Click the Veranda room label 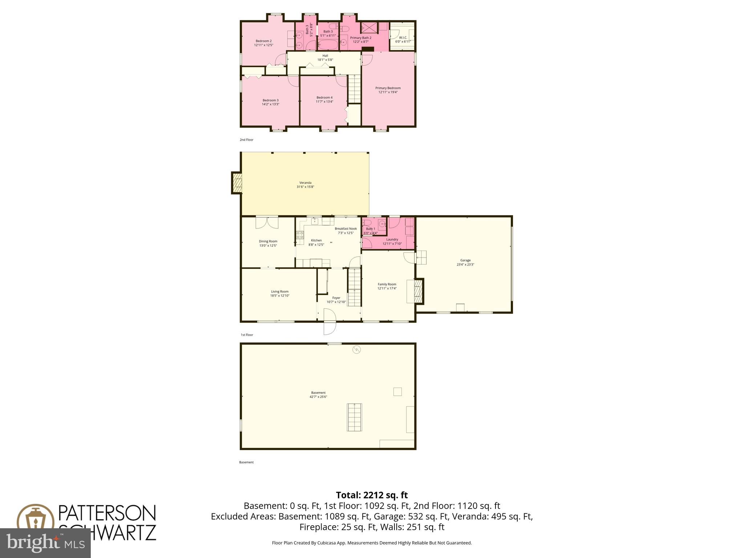(305, 183)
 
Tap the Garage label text (465, 260)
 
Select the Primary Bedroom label (388, 88)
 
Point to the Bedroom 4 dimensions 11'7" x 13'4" (324, 102)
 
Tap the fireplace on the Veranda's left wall (237, 183)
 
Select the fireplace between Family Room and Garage (419, 291)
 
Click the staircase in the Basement (355, 417)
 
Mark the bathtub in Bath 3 (328, 45)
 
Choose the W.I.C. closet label (403, 37)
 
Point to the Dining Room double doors (267, 222)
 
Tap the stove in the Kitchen (300, 235)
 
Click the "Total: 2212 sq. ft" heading (372, 495)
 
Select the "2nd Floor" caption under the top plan (246, 140)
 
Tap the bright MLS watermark (45, 543)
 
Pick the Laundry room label (392, 239)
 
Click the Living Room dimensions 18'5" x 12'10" (280, 296)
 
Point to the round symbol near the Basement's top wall (357, 350)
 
